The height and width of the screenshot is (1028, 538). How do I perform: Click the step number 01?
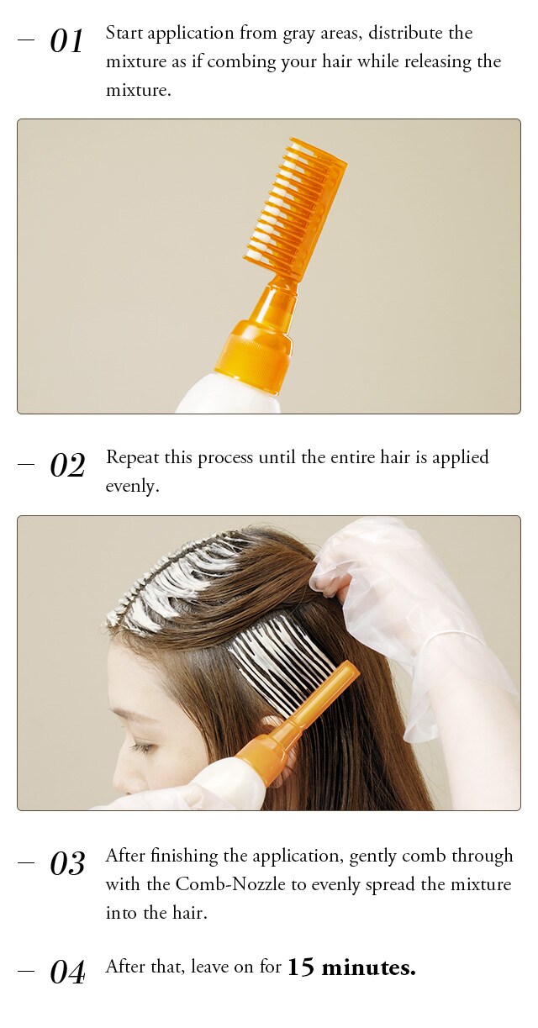[66, 41]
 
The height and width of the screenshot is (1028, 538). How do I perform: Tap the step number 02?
[67, 465]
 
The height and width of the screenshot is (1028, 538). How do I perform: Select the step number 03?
[67, 863]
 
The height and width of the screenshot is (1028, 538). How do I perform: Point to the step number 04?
[67, 972]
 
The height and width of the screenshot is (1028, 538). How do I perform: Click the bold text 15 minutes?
[351, 967]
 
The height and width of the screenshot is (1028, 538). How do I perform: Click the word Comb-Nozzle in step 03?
[230, 884]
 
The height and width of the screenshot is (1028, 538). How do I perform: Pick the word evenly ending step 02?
[132, 486]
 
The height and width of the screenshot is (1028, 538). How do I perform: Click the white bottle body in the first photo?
[228, 396]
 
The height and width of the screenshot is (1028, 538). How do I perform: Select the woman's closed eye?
[142, 748]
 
